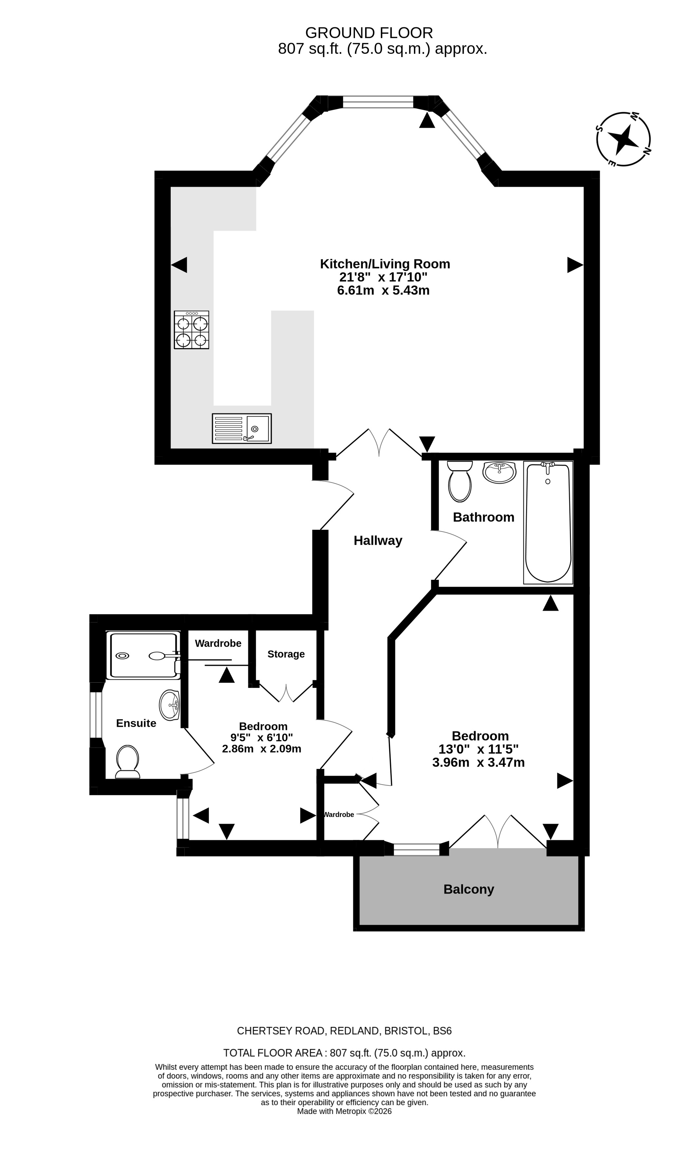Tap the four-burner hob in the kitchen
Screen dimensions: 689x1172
[x=192, y=330]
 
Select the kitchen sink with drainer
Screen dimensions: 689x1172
[x=242, y=428]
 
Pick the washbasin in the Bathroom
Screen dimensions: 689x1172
[x=499, y=472]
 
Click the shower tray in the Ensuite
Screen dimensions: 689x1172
[x=143, y=655]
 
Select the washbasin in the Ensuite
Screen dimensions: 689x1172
[x=169, y=705]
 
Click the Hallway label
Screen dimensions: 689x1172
[x=378, y=540]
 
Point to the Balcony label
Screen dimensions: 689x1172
[x=469, y=889]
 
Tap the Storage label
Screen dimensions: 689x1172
[x=286, y=654]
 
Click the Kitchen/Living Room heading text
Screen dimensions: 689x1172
[x=385, y=264]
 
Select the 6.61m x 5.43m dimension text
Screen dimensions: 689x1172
[x=383, y=291]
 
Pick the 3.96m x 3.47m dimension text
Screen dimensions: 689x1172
[x=478, y=762]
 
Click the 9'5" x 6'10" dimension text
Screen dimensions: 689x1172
[x=262, y=737]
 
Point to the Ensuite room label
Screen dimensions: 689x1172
[x=136, y=723]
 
